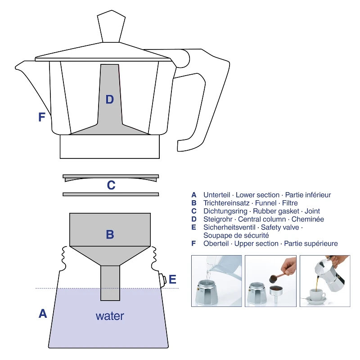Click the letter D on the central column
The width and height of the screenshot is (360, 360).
110,99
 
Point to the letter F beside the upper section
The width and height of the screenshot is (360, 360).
41,117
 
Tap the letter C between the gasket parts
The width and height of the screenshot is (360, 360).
111,185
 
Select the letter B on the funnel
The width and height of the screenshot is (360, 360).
110,234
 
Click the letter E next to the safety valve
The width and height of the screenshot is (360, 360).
172,279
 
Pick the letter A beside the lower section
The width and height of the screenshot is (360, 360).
43,314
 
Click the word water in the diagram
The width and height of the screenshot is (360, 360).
110,316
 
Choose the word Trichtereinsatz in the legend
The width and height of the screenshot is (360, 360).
226,203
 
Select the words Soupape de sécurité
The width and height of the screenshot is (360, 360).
236,235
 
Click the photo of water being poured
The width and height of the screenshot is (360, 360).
216,281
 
